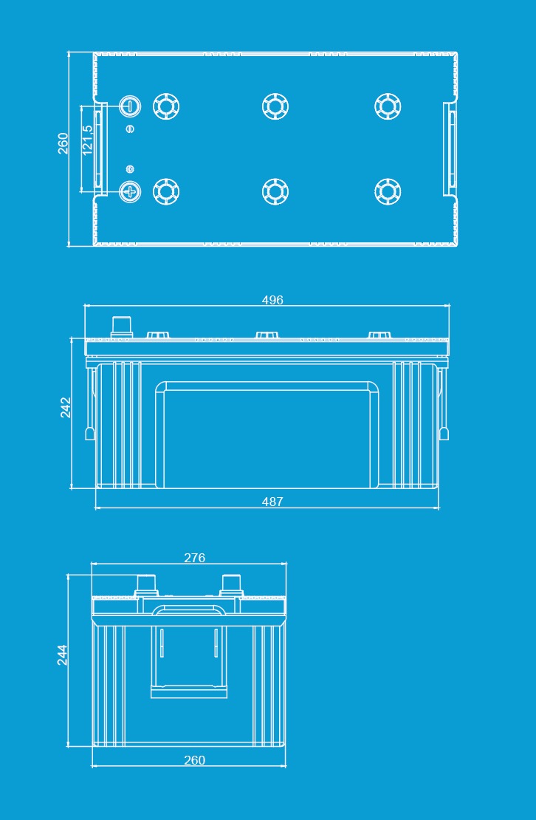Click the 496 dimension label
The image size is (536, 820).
272,300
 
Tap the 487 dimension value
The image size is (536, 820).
272,502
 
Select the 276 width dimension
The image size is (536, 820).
194,558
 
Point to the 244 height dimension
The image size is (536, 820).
62,655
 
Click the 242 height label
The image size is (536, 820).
66,407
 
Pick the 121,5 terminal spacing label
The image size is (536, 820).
87,140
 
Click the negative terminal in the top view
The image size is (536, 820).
129,106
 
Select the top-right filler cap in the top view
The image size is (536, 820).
388,106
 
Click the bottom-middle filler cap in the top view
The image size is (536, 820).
275,191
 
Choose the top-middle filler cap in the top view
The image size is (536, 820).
275,106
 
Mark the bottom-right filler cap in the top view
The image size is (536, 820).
388,191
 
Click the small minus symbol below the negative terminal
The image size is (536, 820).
130,129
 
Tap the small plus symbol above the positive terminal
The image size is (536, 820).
130,169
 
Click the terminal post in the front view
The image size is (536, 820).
122,327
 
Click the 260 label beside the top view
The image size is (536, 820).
63,143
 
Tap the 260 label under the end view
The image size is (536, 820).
194,760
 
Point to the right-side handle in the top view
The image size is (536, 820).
450,148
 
